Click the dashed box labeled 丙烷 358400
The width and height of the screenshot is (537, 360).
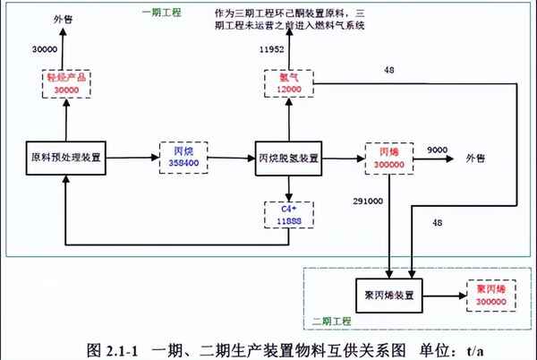pyautogui.click(x=183, y=158)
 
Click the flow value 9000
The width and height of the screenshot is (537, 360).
pyautogui.click(x=438, y=150)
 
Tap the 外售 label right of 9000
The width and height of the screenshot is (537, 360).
pyautogui.click(x=475, y=159)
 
